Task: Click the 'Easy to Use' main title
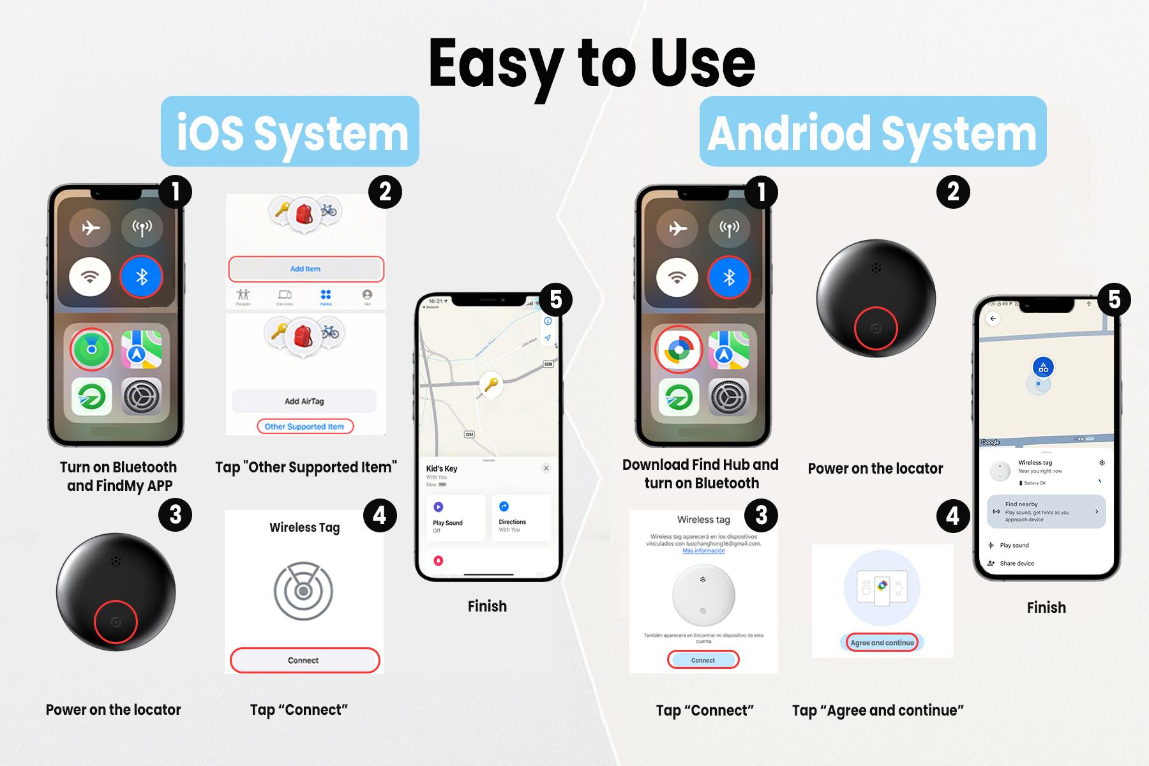coord(592,64)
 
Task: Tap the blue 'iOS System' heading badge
coord(290,131)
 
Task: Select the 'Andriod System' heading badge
coord(872,131)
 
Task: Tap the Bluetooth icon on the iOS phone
coord(142,277)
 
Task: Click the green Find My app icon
coord(92,350)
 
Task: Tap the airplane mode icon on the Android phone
coord(677,228)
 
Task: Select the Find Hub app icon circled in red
coord(679,350)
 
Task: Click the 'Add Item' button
coord(306,269)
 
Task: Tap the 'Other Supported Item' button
coord(304,426)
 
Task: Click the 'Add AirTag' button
coord(304,401)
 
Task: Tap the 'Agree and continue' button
coord(882,643)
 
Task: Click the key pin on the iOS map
coord(490,385)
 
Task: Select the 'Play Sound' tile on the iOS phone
coord(455,518)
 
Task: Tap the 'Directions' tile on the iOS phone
coord(520,518)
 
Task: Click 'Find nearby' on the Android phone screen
coord(1046,511)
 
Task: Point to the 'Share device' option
coord(1016,563)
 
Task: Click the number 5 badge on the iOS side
coord(555,299)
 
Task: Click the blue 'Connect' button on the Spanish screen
coord(703,660)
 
